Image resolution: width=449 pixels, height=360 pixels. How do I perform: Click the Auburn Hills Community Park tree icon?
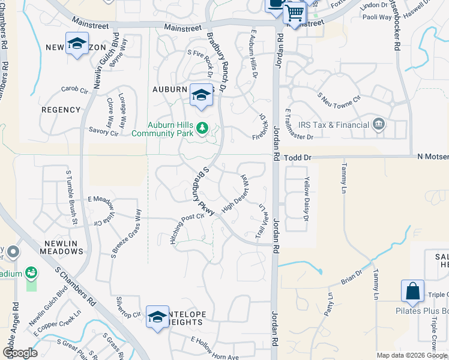tap(202, 128)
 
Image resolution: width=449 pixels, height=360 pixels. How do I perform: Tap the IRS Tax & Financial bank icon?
tap(379, 125)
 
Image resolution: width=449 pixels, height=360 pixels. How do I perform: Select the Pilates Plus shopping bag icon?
tap(412, 291)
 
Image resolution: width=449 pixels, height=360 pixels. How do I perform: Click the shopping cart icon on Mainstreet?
tap(294, 11)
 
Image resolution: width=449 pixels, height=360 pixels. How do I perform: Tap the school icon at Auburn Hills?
tap(201, 94)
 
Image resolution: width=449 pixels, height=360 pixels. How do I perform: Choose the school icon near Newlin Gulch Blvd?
tap(77, 44)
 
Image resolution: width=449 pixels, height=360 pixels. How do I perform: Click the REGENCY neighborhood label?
tap(61, 110)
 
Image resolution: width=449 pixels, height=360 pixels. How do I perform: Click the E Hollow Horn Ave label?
tap(214, 348)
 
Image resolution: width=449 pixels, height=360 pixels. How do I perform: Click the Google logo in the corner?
tap(20, 353)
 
